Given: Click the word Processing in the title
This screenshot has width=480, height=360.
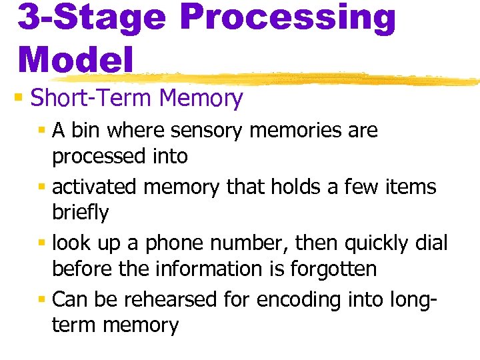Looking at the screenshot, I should click(287, 17).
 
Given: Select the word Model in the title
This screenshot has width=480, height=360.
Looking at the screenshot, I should click(75, 59).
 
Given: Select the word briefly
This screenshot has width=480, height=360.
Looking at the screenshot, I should click(80, 213).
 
